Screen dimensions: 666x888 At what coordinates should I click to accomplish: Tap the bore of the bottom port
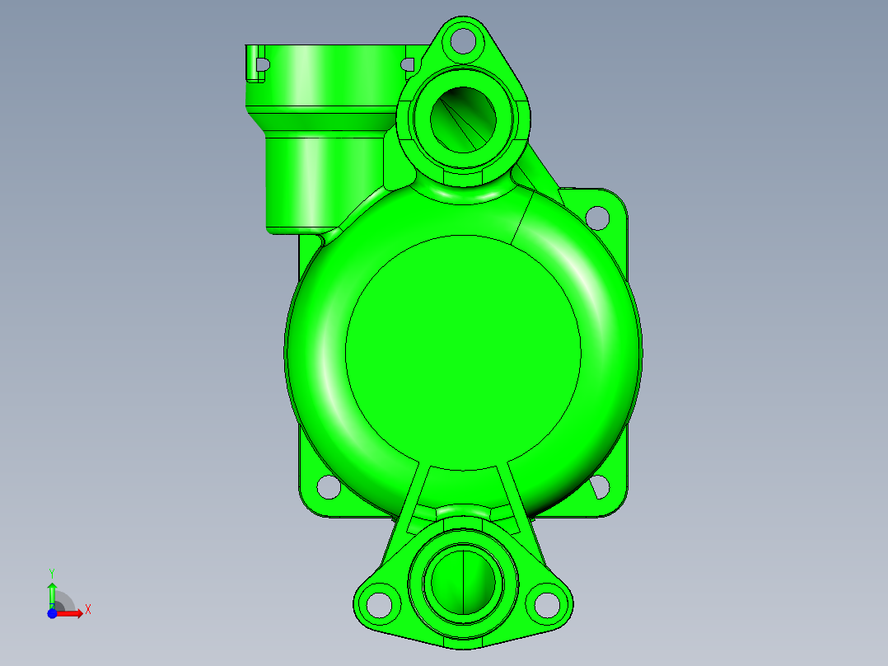[x=464, y=582]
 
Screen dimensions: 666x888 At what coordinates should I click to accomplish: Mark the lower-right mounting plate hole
[x=600, y=487]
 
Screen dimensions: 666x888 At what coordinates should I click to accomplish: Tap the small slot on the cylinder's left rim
[x=263, y=63]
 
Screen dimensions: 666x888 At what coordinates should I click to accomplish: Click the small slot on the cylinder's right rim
[x=407, y=63]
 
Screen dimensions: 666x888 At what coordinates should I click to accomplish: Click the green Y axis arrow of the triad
[x=52, y=592]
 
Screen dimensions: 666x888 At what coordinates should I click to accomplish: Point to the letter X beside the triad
[x=88, y=610]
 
